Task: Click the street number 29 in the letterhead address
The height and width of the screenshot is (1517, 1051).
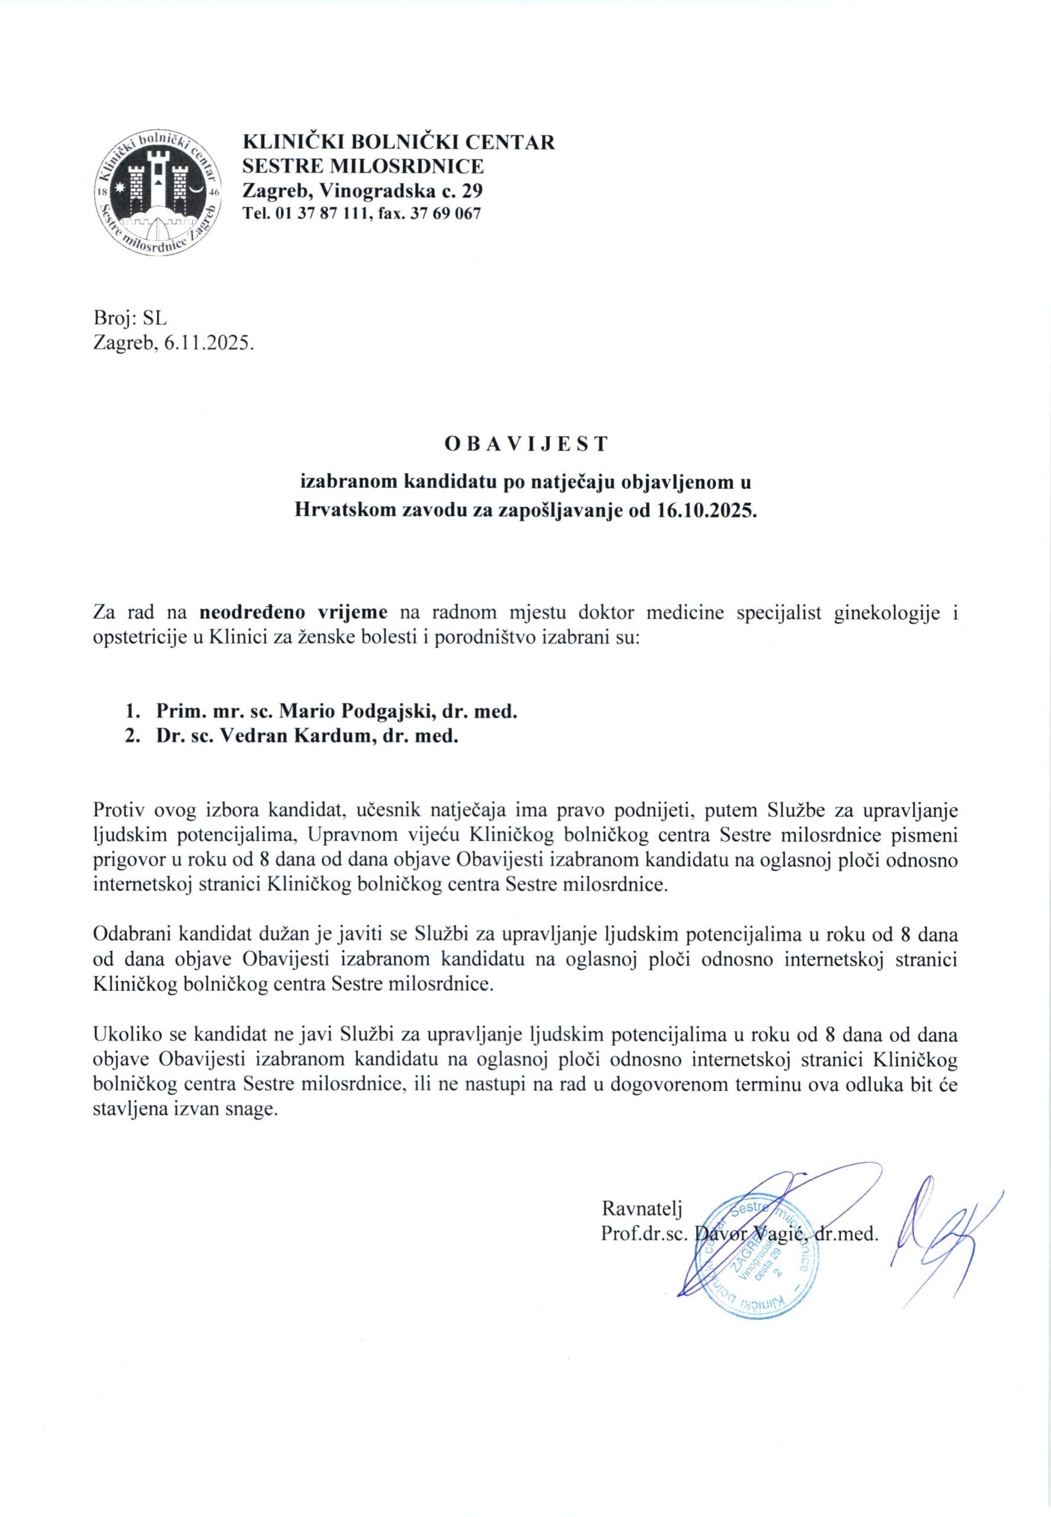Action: [x=471, y=191]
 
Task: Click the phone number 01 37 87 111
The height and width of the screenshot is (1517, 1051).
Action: [x=317, y=213]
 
